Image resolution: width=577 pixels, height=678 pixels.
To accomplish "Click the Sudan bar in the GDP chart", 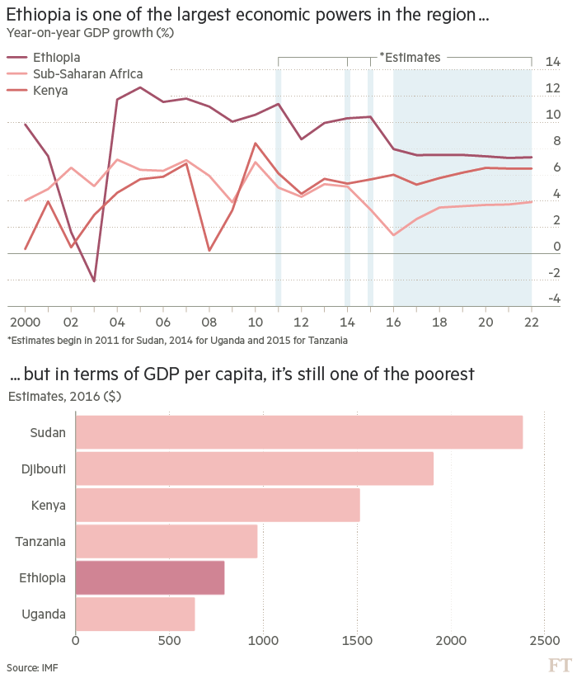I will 299,432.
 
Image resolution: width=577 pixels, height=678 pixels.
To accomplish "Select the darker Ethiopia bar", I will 150,577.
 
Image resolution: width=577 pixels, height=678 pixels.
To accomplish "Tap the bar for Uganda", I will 135,614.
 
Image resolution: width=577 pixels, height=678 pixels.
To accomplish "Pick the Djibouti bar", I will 255,468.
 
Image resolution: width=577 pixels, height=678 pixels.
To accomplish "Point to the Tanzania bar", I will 167,541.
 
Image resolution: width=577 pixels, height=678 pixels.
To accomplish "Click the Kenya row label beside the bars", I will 49,505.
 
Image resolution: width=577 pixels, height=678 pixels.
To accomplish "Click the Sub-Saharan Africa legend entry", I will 87,73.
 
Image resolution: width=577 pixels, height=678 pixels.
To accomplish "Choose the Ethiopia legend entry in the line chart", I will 56,57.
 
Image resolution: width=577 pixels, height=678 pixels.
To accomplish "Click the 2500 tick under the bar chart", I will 542,641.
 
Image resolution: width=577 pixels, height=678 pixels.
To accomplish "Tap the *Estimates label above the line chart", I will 409,58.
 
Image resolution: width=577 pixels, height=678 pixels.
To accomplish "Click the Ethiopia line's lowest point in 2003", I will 94,282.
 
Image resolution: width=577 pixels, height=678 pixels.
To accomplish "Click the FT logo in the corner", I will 560,665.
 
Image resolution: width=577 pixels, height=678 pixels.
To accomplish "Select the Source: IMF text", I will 32,666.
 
